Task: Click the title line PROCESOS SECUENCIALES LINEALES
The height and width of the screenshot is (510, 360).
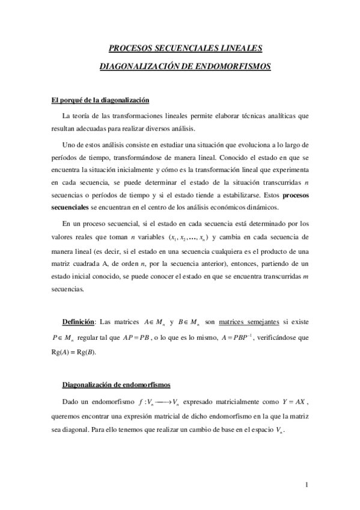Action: tap(185, 48)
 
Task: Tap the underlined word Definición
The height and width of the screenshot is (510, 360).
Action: tap(79, 321)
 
